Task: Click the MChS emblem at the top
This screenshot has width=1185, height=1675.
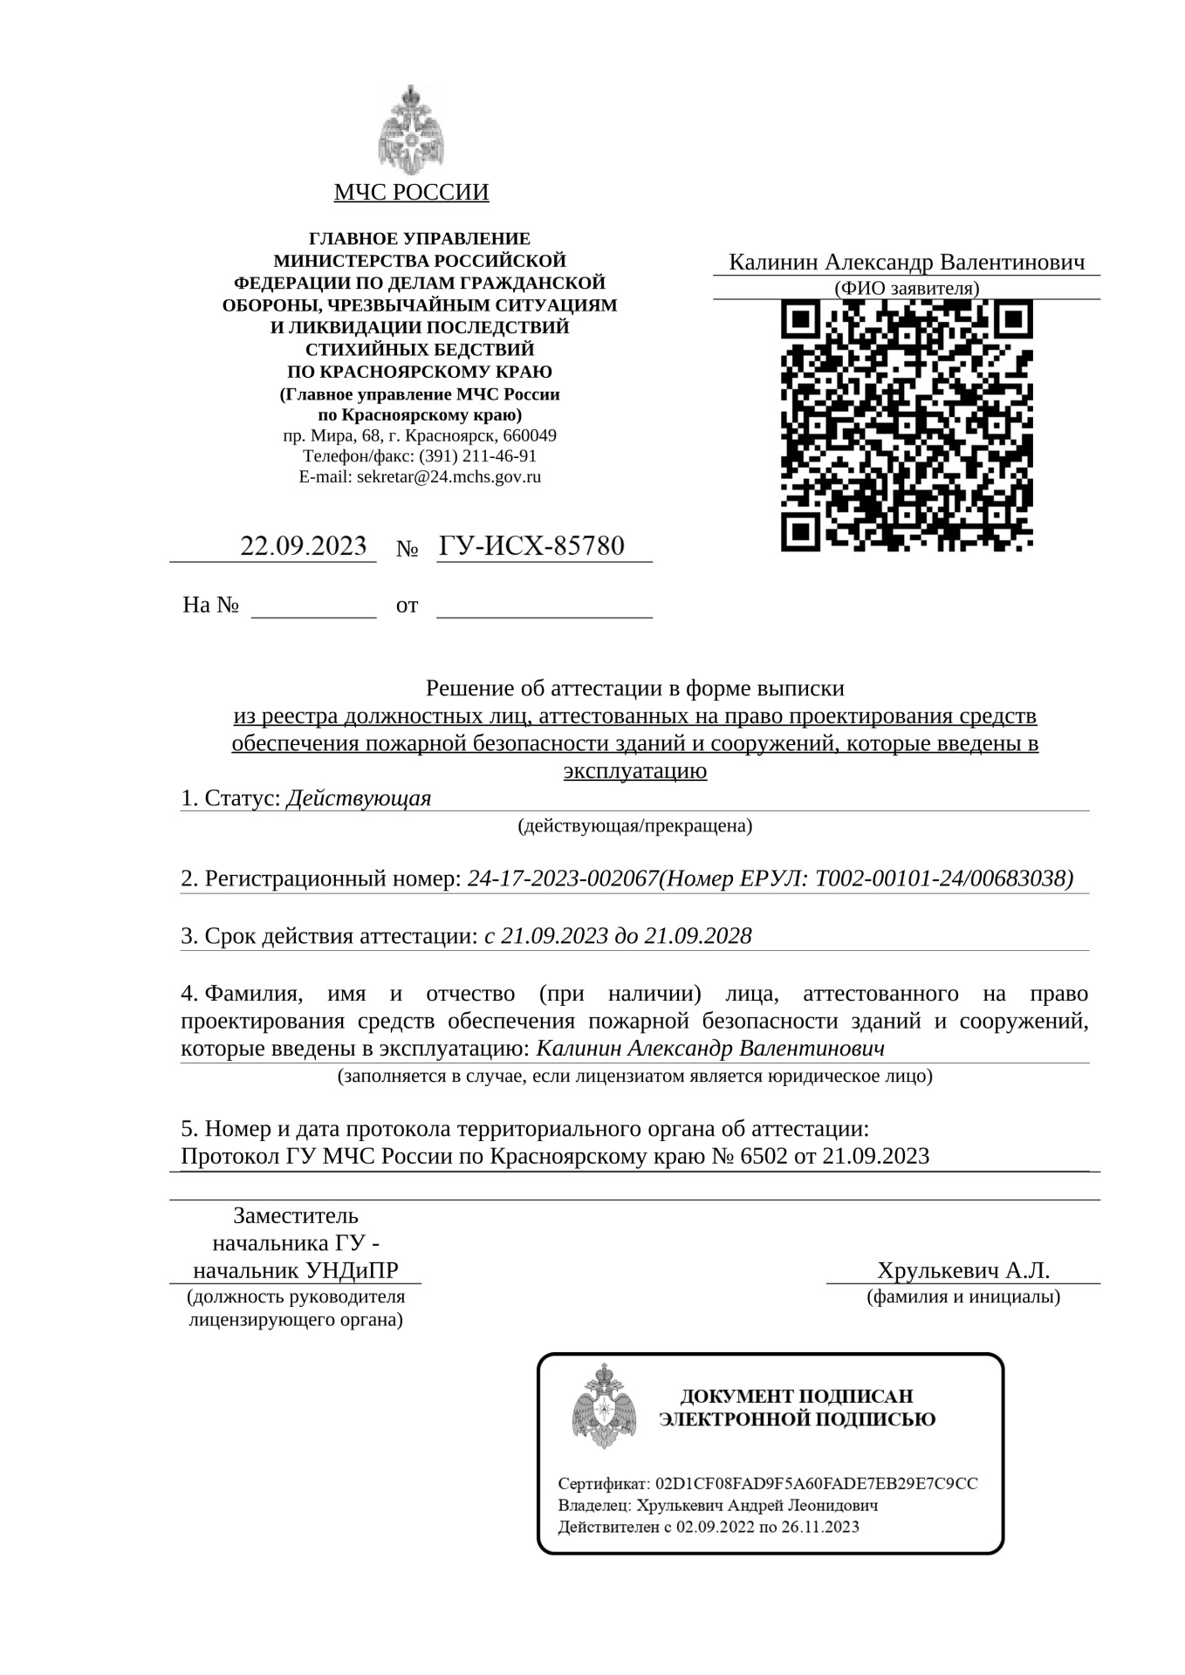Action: pyautogui.click(x=411, y=131)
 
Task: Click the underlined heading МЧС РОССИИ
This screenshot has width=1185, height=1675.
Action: pyautogui.click(x=411, y=192)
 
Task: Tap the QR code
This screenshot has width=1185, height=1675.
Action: pyautogui.click(x=907, y=425)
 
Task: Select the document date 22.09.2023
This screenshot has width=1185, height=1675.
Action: pyautogui.click(x=303, y=546)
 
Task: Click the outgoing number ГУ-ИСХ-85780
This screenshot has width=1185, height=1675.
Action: pyautogui.click(x=531, y=546)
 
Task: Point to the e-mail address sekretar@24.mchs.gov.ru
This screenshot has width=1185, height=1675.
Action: pyautogui.click(x=449, y=477)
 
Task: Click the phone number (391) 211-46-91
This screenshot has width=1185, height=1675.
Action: pyautogui.click(x=478, y=456)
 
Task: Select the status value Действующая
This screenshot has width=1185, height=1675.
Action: pyautogui.click(x=359, y=798)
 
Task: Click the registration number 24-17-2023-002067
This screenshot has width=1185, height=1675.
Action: pyautogui.click(x=562, y=879)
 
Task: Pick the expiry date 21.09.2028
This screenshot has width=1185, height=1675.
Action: pyautogui.click(x=698, y=936)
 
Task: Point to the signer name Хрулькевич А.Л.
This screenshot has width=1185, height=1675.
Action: pyautogui.click(x=963, y=1269)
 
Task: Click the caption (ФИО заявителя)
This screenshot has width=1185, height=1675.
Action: pyautogui.click(x=907, y=288)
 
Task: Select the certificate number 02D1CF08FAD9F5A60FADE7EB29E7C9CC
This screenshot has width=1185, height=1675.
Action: pyautogui.click(x=817, y=1484)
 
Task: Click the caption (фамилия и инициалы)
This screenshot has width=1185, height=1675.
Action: pyautogui.click(x=963, y=1297)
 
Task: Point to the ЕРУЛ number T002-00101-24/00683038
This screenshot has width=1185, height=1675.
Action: pyautogui.click(x=943, y=879)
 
